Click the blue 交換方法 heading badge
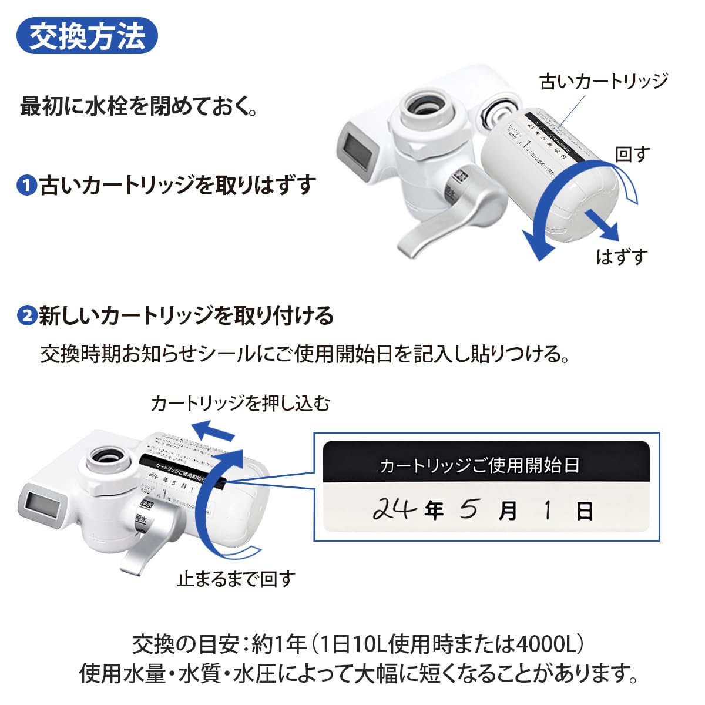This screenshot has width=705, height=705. (87, 36)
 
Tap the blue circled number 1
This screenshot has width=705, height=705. (27, 186)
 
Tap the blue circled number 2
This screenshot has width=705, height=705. (27, 316)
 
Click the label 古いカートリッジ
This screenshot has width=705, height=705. (603, 81)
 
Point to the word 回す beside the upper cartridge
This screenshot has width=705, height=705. (632, 155)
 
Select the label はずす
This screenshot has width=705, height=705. (622, 257)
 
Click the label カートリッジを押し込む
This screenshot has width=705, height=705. (240, 403)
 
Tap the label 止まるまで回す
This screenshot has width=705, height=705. (236, 579)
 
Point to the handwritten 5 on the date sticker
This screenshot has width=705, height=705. (468, 509)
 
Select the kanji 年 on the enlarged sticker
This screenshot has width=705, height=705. (434, 511)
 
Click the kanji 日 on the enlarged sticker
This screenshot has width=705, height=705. (584, 511)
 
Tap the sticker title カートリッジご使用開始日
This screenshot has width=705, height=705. (479, 466)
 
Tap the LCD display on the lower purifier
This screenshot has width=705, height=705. (43, 504)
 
